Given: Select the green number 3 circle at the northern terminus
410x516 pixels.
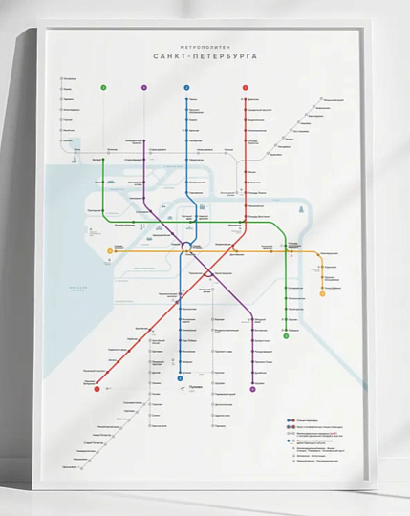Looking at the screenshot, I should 102,88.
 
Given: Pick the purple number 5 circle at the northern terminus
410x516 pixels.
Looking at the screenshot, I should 144,88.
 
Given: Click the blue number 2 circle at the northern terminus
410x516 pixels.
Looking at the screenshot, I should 187,88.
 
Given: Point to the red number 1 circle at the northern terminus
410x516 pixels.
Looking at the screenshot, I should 245,88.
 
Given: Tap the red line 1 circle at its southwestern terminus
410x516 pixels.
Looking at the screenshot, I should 97,387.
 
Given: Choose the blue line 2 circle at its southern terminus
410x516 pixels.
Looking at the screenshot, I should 180,377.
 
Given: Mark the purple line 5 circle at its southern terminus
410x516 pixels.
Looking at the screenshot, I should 252,389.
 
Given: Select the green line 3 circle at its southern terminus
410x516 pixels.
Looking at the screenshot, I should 286,337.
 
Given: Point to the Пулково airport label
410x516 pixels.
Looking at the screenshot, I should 199,380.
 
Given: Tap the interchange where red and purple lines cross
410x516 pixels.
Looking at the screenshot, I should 209,269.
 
